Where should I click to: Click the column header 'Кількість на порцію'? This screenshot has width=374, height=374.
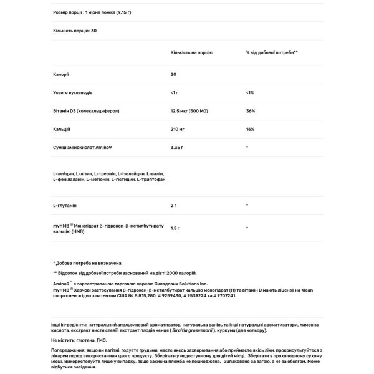pyautogui.click(x=191, y=53)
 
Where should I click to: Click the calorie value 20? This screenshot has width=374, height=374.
pyautogui.click(x=173, y=74)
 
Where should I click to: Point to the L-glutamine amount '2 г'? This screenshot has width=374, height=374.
pyautogui.click(x=174, y=204)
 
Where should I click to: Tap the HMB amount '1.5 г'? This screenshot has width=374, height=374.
pyautogui.click(x=176, y=228)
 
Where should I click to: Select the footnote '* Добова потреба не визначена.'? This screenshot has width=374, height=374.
pyautogui.click(x=89, y=263)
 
